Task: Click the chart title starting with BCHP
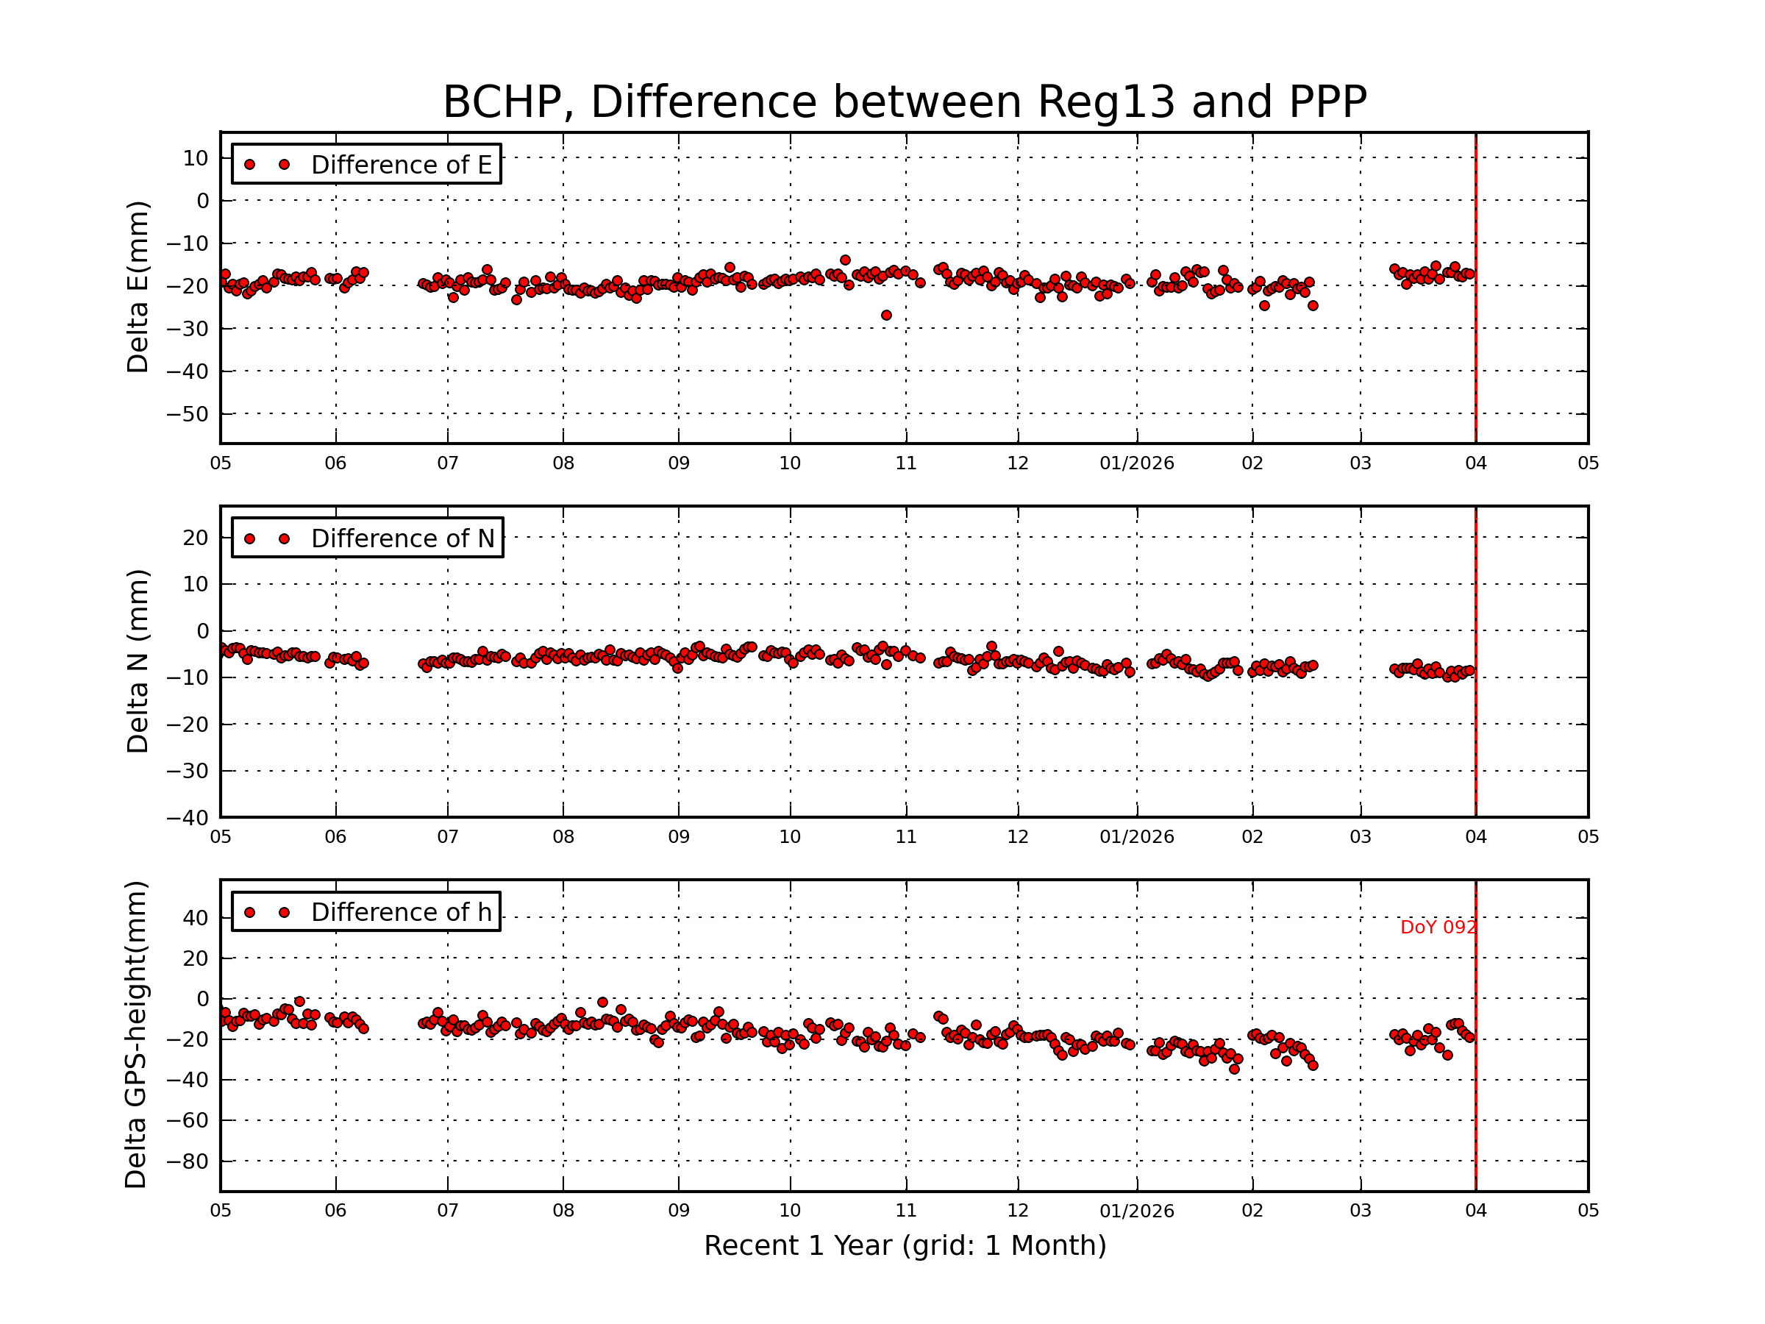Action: [904, 102]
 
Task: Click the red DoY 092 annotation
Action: [1438, 928]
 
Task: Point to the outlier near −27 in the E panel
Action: [886, 316]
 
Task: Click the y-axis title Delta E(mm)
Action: [138, 288]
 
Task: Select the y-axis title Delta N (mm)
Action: [138, 661]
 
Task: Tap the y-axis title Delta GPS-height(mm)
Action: [135, 1035]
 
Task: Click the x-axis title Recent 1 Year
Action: [905, 1246]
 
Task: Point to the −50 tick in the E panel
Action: [188, 414]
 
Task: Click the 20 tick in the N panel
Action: [196, 538]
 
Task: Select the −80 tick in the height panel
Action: [188, 1161]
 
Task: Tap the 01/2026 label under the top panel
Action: [1136, 463]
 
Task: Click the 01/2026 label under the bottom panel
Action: [1136, 1211]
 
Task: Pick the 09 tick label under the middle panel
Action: [678, 837]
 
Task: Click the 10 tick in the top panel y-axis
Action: [196, 158]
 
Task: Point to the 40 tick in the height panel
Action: [196, 918]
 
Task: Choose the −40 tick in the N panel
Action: [188, 818]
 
